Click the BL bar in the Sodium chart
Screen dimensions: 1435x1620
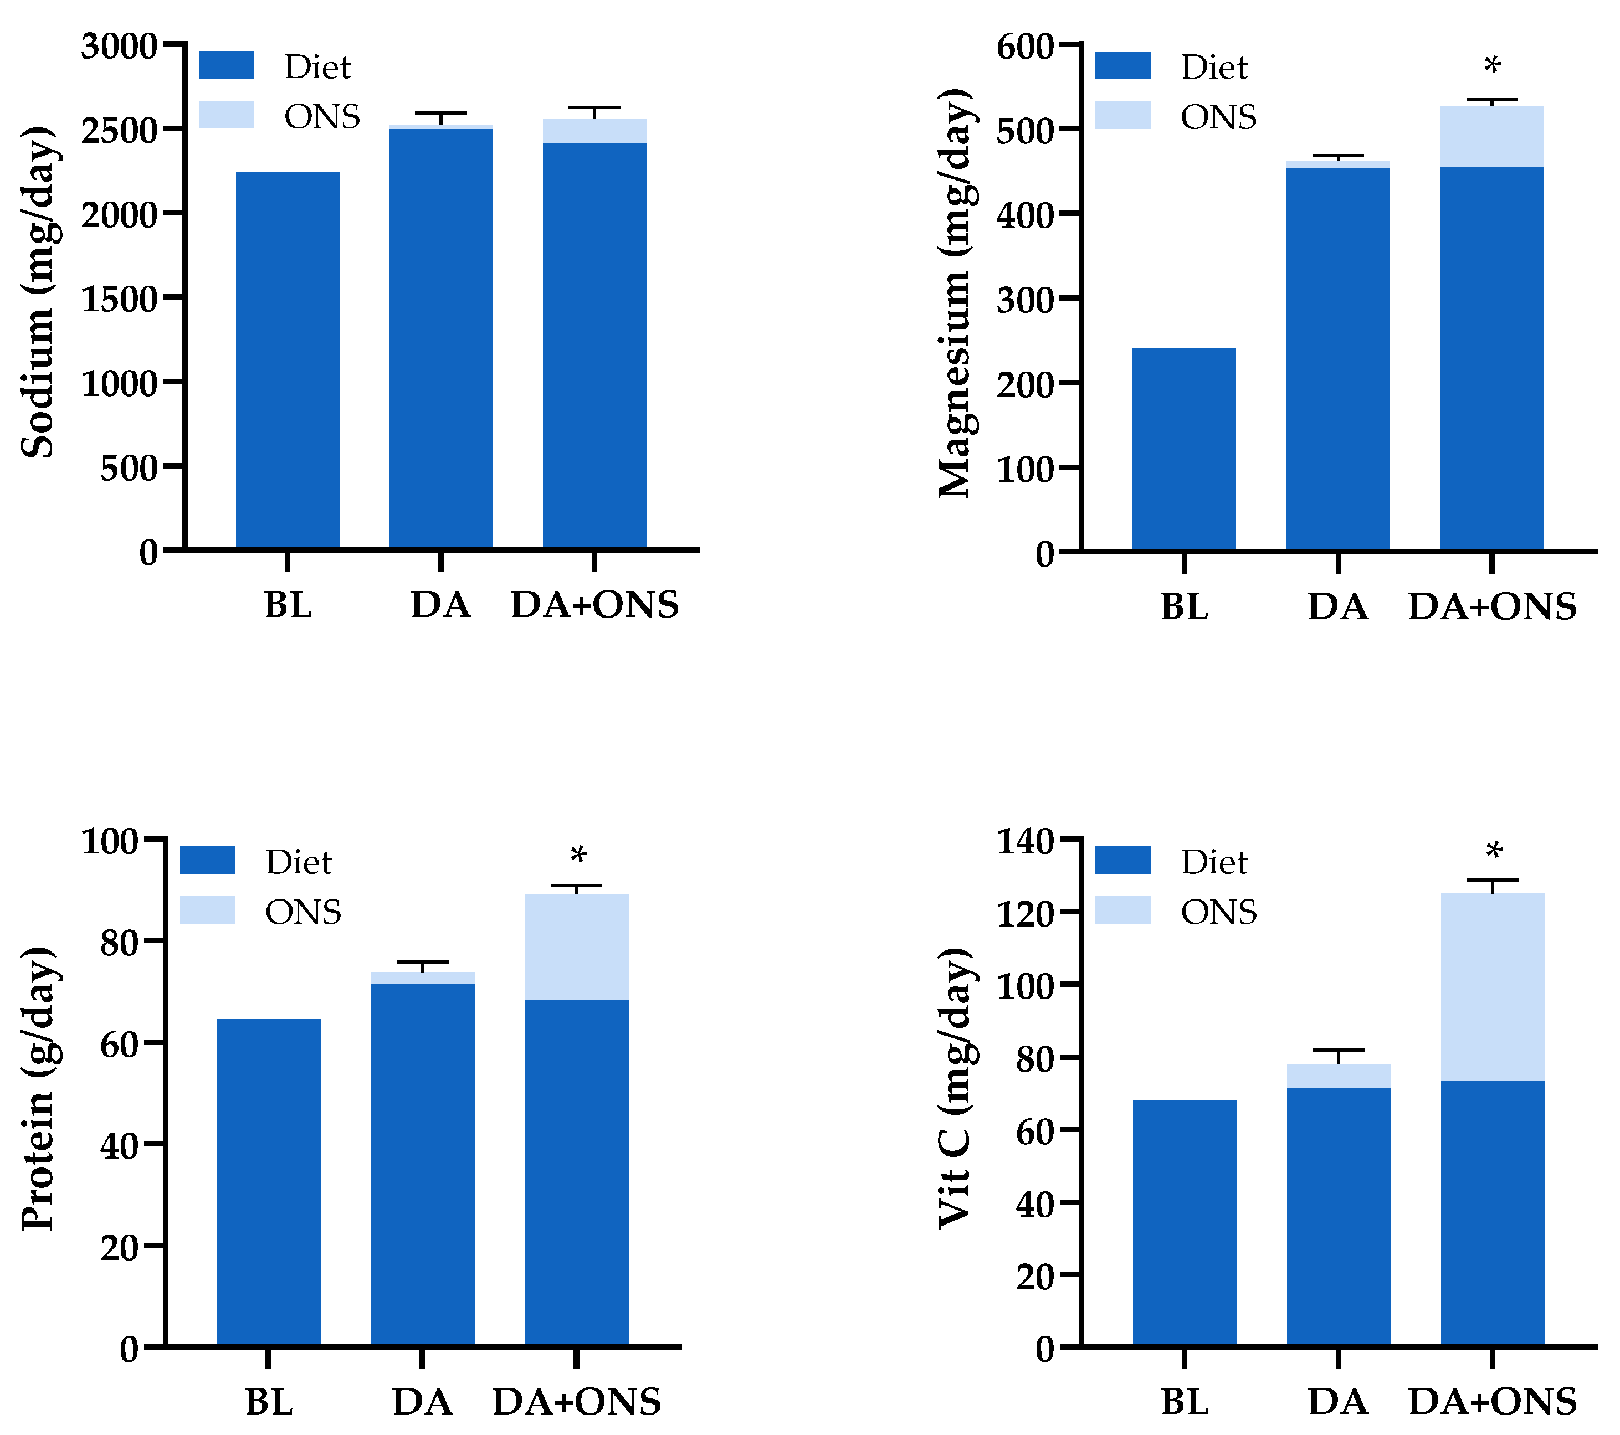pyautogui.click(x=288, y=360)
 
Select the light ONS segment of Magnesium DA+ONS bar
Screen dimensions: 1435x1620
pyautogui.click(x=1491, y=136)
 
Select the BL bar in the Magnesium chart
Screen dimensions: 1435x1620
pyautogui.click(x=1183, y=449)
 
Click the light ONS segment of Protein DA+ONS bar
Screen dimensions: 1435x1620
pyautogui.click(x=576, y=947)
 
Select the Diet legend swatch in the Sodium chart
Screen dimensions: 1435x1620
pyautogui.click(x=226, y=65)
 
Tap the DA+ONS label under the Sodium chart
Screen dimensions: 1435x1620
pyautogui.click(x=594, y=605)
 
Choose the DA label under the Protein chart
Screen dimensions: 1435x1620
pyautogui.click(x=422, y=1402)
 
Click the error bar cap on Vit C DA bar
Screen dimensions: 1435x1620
pyautogui.click(x=1338, y=1050)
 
